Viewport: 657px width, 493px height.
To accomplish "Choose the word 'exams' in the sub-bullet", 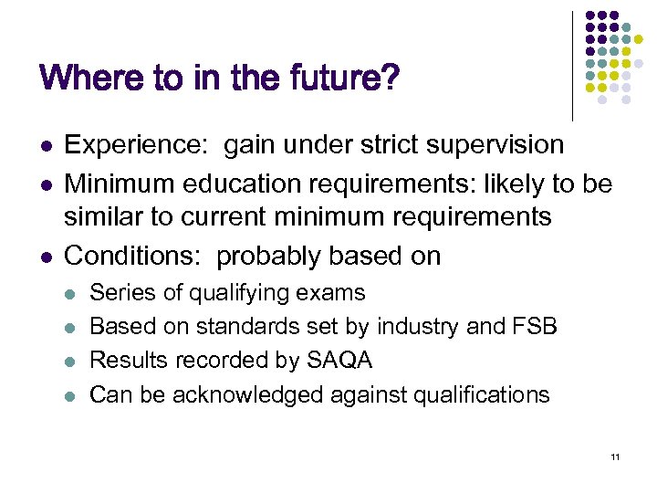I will click(336, 293).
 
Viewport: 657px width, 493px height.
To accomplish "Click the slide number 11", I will click(616, 456).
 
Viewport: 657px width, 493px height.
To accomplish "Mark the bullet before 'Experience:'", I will click(45, 146).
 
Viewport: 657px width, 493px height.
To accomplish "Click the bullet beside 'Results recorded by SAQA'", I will click(73, 362).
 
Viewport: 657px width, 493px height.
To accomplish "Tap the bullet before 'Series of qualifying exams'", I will click(73, 294).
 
